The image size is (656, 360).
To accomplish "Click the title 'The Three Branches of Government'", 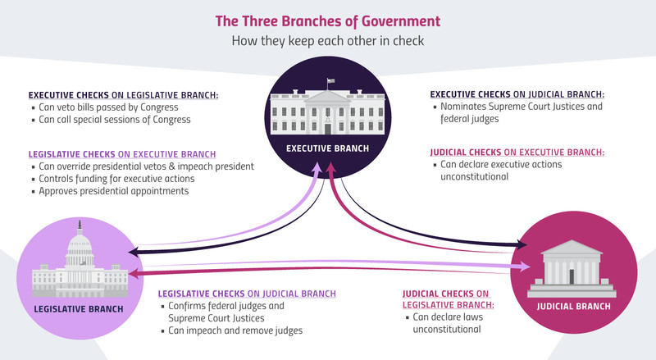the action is point(327,21).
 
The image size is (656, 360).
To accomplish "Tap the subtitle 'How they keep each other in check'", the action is point(327,41).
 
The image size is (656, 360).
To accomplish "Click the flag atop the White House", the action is point(330,81).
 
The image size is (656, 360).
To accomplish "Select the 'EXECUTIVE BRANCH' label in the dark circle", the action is point(327,148).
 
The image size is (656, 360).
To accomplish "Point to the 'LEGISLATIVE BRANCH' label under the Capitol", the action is point(79,309).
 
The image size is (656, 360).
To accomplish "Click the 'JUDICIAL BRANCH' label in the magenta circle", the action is point(573,307).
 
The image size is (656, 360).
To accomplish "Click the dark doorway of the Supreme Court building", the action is point(572,276).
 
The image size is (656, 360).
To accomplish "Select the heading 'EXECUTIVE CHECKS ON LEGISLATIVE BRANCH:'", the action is point(124,95).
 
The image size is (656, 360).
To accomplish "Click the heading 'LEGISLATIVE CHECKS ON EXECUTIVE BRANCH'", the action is point(122,154).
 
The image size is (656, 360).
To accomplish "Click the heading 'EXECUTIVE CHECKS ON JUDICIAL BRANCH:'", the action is point(517,94).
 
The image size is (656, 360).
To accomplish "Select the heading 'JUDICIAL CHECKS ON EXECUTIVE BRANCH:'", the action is point(517,153).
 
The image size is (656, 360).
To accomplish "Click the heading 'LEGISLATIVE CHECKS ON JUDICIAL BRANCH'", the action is point(247,294).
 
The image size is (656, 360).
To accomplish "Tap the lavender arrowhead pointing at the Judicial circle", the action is point(525,267).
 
